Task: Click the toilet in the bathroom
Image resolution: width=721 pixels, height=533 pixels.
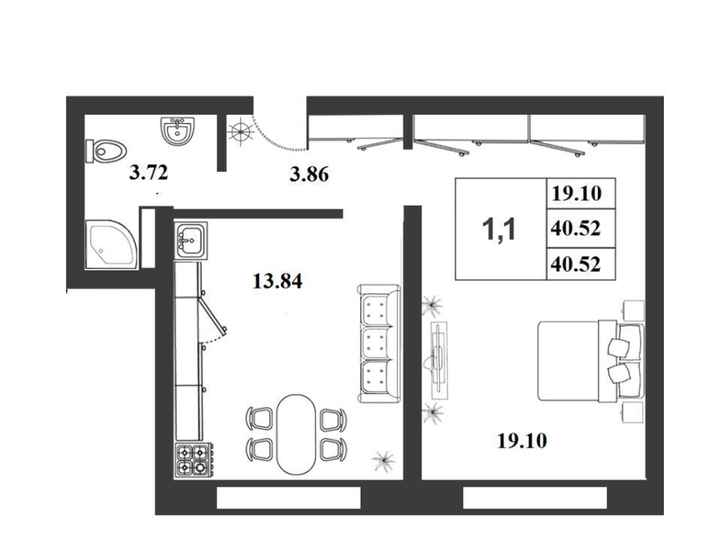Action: coord(106,151)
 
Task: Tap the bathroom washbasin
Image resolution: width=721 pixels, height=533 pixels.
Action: coord(177,131)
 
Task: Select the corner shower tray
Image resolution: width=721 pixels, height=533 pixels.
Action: coord(110,245)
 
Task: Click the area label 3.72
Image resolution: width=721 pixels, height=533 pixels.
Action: coord(149,173)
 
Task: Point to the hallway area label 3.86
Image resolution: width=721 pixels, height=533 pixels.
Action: coord(309,175)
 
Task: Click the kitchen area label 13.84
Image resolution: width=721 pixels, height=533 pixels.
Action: coord(277,281)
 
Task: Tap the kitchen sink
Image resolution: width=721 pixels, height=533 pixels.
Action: coord(191,240)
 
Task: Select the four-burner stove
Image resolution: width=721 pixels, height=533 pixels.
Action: coord(193,460)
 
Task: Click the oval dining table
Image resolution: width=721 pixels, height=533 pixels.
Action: coord(296,434)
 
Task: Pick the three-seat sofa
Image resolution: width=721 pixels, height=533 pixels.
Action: coord(379,344)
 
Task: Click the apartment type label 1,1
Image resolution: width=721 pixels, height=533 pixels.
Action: coord(499,229)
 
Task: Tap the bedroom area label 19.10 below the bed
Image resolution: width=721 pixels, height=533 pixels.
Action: coord(522,441)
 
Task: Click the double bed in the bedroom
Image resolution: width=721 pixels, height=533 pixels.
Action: coord(590,361)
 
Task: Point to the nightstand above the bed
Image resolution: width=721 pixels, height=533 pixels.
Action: coord(632,311)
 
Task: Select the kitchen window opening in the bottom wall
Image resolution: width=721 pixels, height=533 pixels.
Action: coord(288,498)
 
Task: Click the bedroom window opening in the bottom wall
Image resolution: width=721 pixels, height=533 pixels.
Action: coord(535,498)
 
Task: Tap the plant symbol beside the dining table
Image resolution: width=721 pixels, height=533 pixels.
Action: coord(383,460)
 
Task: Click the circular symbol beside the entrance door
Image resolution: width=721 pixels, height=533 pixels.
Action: coord(241,132)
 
